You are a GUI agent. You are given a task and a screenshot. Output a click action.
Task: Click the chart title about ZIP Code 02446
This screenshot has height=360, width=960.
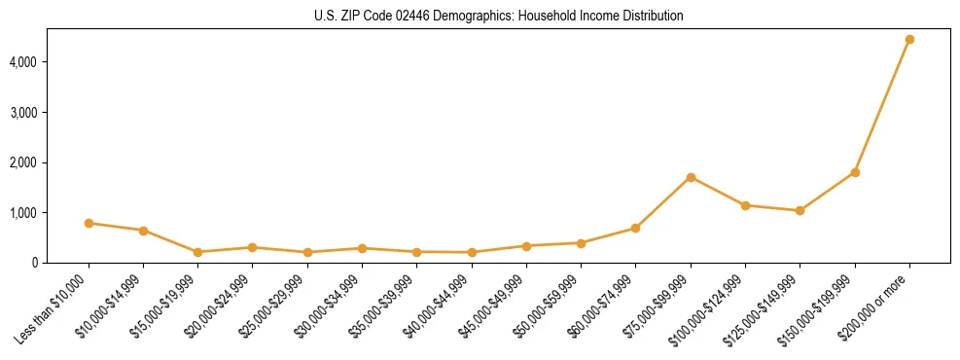coord(499,17)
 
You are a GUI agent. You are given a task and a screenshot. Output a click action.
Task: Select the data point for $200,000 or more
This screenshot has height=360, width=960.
coord(909,40)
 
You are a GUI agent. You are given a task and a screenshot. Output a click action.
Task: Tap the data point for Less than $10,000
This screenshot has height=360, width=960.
coord(89,223)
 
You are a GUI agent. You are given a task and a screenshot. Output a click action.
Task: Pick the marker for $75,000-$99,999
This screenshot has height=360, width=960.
coord(691,177)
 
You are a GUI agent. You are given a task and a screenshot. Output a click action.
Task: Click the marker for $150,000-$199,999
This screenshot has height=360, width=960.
coord(855,172)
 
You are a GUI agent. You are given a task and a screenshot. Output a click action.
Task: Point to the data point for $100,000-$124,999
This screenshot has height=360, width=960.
coord(745,205)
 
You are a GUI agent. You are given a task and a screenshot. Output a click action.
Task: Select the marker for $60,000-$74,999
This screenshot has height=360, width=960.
coord(636,228)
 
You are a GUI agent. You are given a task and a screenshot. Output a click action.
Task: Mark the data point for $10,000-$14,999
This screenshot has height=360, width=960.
coord(143,231)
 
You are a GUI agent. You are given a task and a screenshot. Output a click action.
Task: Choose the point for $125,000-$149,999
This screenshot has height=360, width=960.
coord(800,210)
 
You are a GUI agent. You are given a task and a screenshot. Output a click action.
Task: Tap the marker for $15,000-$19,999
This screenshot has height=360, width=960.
coord(197,252)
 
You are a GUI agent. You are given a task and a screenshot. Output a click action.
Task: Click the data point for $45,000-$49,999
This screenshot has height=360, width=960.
coord(526,246)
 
